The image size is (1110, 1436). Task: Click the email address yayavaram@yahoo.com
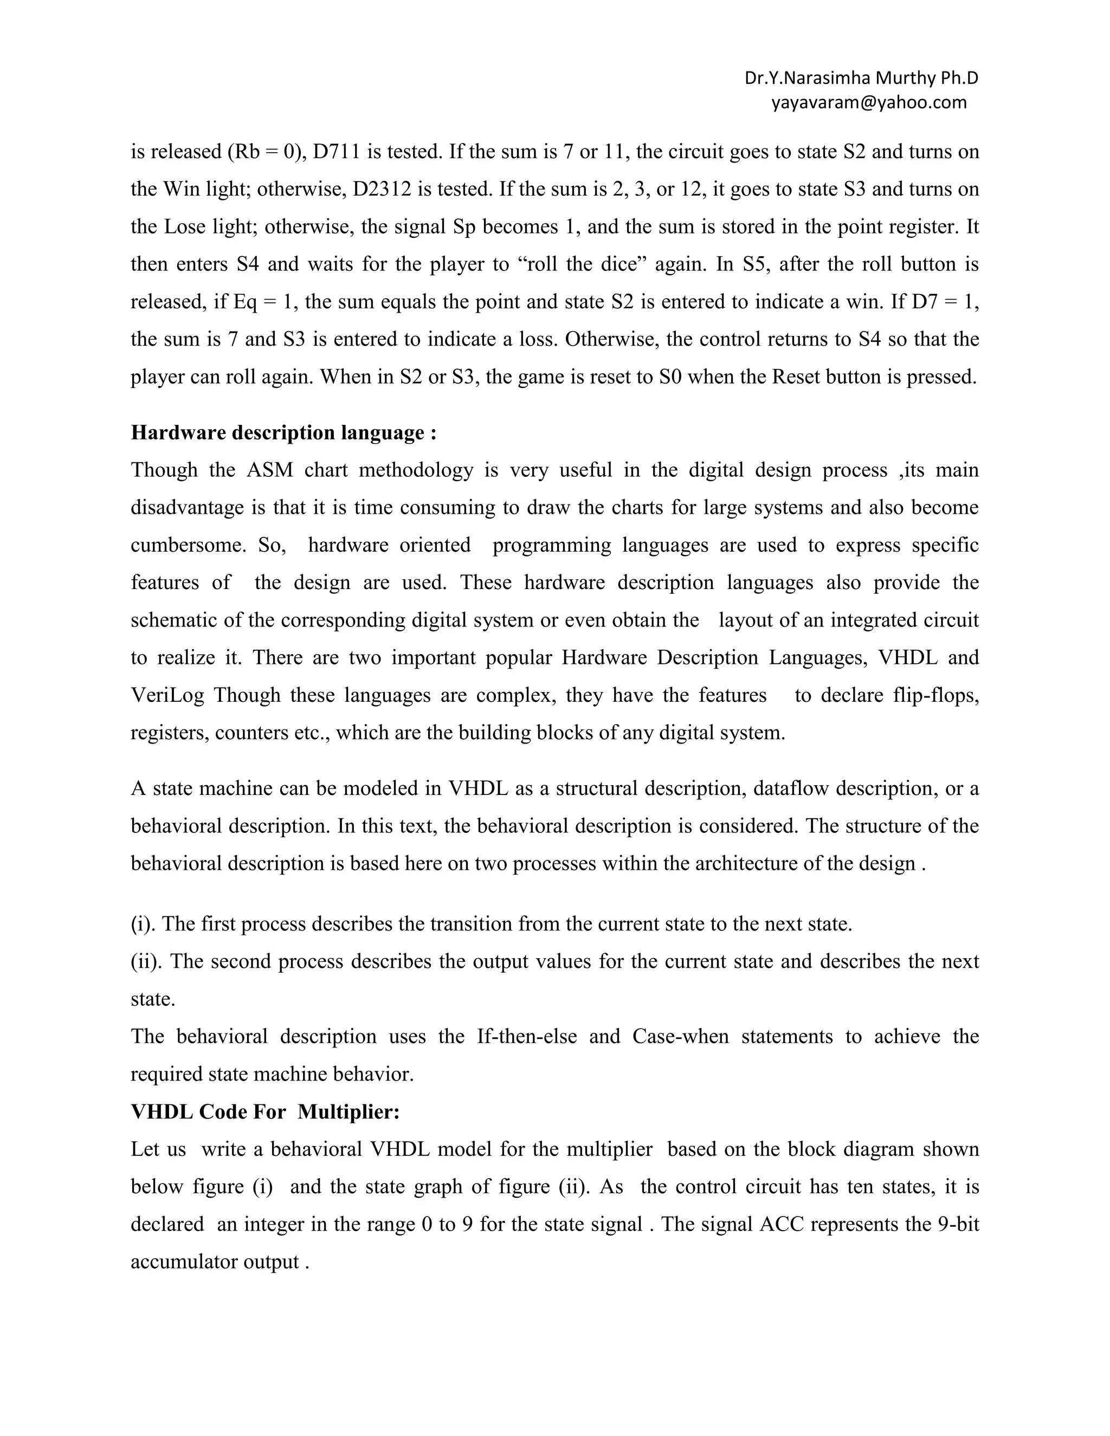[x=869, y=102]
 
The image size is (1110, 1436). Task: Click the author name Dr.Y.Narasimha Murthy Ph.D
[x=861, y=78]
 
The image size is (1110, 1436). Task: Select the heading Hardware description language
[x=283, y=432]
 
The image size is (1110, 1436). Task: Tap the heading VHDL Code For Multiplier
[x=265, y=1112]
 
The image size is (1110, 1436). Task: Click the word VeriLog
[x=167, y=695]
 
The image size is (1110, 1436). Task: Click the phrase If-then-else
[x=527, y=1036]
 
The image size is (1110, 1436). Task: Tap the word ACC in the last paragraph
[x=781, y=1224]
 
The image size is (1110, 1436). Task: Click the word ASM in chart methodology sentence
[x=269, y=470]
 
